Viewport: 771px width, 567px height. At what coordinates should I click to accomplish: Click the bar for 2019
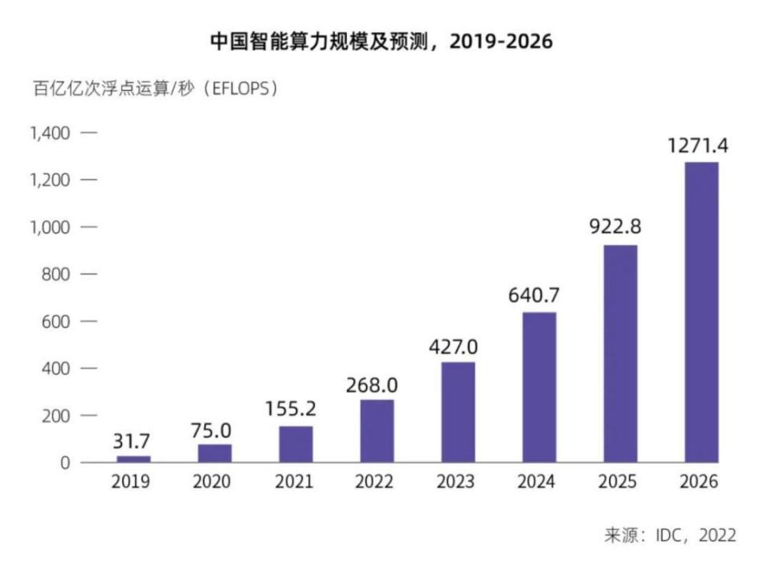pos(133,459)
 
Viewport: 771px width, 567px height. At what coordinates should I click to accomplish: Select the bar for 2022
pos(377,431)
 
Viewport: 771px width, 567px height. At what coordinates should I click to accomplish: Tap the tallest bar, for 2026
pos(701,312)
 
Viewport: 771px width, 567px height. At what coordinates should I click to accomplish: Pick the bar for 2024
pos(539,387)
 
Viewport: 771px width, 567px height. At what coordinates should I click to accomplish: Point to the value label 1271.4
pos(698,146)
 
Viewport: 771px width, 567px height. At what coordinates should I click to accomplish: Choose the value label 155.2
pos(291,409)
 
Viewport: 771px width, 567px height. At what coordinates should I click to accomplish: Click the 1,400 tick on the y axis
pos(51,133)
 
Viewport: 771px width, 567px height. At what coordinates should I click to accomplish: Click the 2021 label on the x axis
pos(294,483)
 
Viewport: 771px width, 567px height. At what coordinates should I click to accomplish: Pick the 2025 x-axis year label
pos(618,483)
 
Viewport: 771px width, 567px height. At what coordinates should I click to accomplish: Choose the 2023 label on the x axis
pos(456,483)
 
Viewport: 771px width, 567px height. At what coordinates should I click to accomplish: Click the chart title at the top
pos(381,41)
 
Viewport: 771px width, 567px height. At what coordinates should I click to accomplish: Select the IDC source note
pos(670,535)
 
